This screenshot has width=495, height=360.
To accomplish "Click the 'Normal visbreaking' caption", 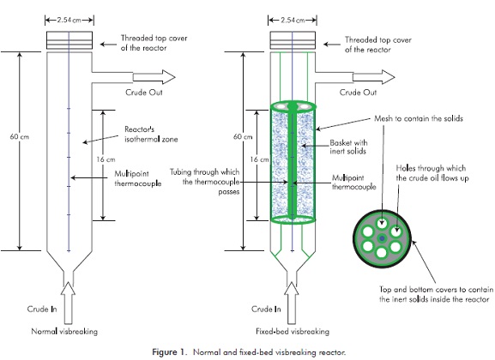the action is (64, 332).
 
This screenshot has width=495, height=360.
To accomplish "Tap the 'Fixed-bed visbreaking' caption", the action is (293, 332).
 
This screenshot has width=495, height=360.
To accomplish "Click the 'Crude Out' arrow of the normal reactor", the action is (154, 77).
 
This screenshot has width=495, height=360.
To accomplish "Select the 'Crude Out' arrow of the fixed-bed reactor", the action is (373, 77).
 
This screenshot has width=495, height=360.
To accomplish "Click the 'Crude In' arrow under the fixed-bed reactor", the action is (291, 303).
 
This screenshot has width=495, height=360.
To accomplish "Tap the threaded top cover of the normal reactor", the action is (69, 40).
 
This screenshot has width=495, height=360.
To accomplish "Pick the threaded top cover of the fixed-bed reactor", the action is (293, 40).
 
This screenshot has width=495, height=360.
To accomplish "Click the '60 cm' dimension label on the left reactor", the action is (20, 136).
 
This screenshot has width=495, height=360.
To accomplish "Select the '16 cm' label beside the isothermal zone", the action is (106, 159).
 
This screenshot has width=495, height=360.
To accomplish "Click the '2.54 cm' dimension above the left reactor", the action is (69, 21).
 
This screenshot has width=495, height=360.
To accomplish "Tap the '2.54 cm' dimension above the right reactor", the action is (293, 21).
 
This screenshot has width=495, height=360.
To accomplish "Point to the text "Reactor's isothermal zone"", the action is (151, 134).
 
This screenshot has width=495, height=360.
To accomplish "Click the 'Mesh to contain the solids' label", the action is (419, 118).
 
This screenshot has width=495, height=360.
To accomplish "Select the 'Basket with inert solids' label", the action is (348, 147).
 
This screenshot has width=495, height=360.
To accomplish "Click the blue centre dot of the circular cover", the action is (382, 239).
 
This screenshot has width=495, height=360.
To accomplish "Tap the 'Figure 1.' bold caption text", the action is (170, 352).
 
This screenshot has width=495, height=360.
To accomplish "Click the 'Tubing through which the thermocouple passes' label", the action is (204, 182).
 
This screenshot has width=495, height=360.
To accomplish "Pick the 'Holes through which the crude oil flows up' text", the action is (432, 173).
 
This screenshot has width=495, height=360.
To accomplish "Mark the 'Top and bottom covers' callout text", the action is (436, 294).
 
